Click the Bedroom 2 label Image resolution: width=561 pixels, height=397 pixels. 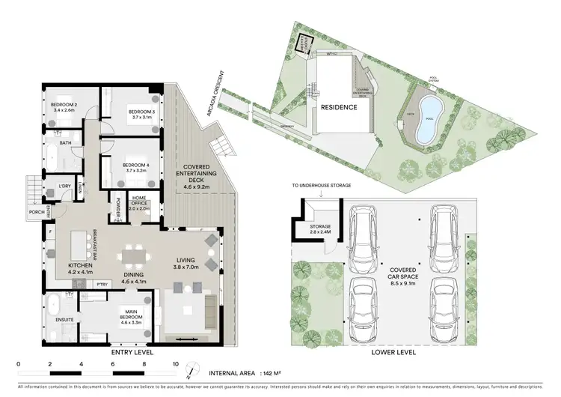tap(64, 106)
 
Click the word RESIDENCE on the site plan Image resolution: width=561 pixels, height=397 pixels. tap(338, 108)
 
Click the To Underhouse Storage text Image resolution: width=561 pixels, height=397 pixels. tap(321, 184)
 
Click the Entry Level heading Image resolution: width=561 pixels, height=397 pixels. tap(132, 351)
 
